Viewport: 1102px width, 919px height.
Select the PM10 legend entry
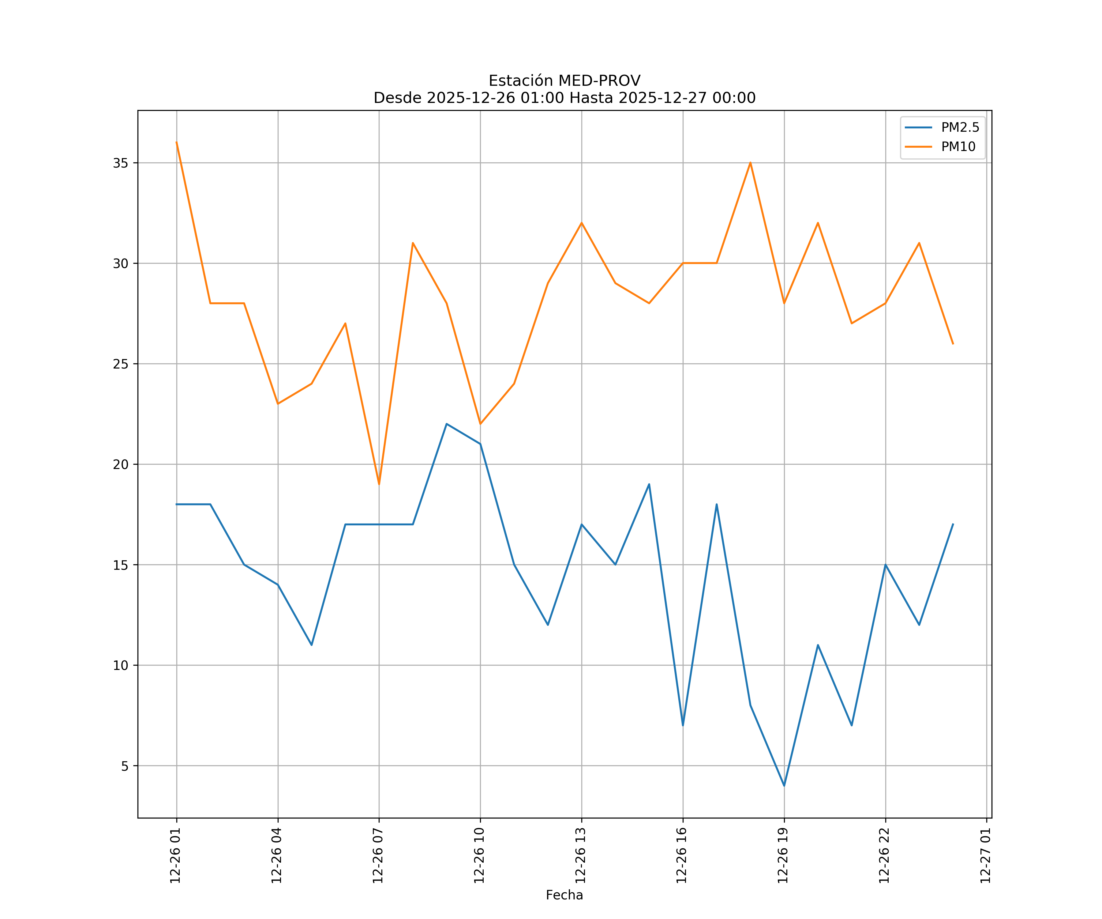958,147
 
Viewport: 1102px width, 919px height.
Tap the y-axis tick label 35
121,163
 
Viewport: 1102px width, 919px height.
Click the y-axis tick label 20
121,464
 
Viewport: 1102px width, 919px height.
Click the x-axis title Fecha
564,895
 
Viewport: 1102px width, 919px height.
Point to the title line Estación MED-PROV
564,81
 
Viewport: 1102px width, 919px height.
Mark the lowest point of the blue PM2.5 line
784,786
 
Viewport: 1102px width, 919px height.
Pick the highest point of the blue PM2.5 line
447,424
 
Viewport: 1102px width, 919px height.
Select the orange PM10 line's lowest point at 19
379,484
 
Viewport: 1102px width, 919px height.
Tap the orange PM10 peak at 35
750,163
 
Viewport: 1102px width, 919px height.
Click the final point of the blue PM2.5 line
953,524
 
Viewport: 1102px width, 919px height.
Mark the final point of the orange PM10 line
953,343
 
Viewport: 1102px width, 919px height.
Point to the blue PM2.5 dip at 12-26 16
683,725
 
